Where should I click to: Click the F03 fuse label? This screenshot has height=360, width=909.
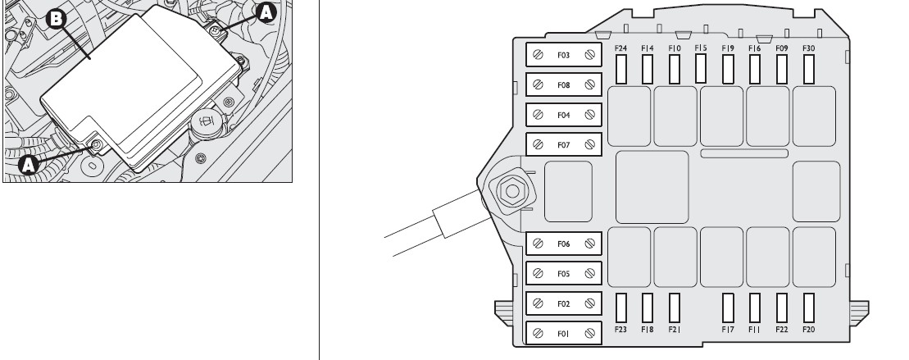click(x=563, y=55)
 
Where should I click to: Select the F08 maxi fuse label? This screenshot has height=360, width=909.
click(x=563, y=85)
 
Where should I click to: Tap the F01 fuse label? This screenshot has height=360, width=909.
click(x=563, y=334)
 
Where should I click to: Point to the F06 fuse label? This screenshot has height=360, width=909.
click(x=563, y=244)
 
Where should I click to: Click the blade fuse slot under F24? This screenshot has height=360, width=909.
click(x=620, y=69)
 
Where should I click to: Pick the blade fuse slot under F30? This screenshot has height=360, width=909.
click(x=809, y=69)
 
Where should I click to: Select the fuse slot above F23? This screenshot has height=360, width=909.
click(x=620, y=308)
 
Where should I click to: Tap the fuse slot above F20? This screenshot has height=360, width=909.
click(x=809, y=308)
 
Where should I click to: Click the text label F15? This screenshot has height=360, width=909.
click(x=701, y=48)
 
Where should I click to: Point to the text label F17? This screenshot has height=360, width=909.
click(x=728, y=330)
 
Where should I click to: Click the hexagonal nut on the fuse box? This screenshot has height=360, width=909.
click(x=512, y=191)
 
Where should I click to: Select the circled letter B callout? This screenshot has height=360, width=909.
click(x=57, y=19)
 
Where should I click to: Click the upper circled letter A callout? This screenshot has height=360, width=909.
click(x=266, y=12)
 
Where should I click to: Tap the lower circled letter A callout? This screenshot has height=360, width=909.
click(x=29, y=165)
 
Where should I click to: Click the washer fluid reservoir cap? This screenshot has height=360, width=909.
click(x=207, y=123)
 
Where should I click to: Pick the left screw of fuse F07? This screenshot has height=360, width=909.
click(x=538, y=145)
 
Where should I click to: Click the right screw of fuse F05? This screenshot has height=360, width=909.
click(x=590, y=274)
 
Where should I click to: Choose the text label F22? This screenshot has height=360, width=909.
click(x=781, y=330)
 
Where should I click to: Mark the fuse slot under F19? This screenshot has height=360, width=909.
click(x=728, y=69)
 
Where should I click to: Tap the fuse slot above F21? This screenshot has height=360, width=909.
click(x=675, y=308)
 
